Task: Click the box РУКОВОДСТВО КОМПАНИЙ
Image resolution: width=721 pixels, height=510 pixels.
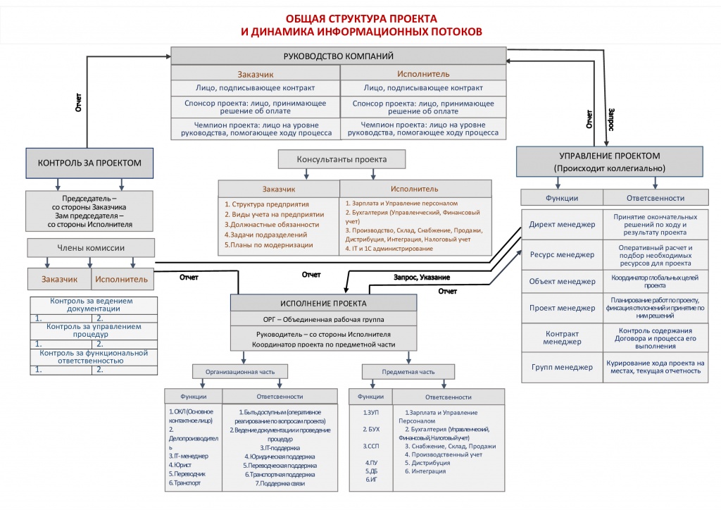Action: pos(338,56)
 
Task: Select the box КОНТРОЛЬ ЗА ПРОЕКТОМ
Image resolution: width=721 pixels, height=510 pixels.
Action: pos(89,163)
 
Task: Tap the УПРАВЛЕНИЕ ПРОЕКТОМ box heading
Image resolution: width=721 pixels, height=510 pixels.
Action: pos(610,156)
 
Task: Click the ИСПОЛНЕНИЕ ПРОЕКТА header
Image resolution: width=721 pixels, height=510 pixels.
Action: pos(324,303)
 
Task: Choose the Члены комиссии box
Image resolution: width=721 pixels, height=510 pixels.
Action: pos(91,247)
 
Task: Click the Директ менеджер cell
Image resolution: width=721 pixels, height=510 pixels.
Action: pos(562,225)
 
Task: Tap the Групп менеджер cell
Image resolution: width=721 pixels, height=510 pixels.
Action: pos(562,366)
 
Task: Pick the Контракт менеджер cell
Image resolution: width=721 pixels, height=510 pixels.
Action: pos(562,337)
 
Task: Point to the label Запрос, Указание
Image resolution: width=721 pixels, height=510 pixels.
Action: pos(422,277)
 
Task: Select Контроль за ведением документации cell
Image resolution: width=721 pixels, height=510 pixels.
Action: pos(92,305)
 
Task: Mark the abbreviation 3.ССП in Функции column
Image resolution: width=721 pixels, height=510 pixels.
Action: pos(372,446)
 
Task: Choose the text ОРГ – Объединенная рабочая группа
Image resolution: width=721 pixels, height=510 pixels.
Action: pos(324,319)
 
